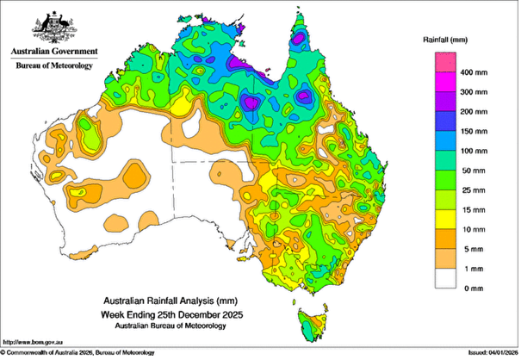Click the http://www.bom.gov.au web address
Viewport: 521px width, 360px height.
click(34, 341)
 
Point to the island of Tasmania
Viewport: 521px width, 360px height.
click(311, 325)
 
